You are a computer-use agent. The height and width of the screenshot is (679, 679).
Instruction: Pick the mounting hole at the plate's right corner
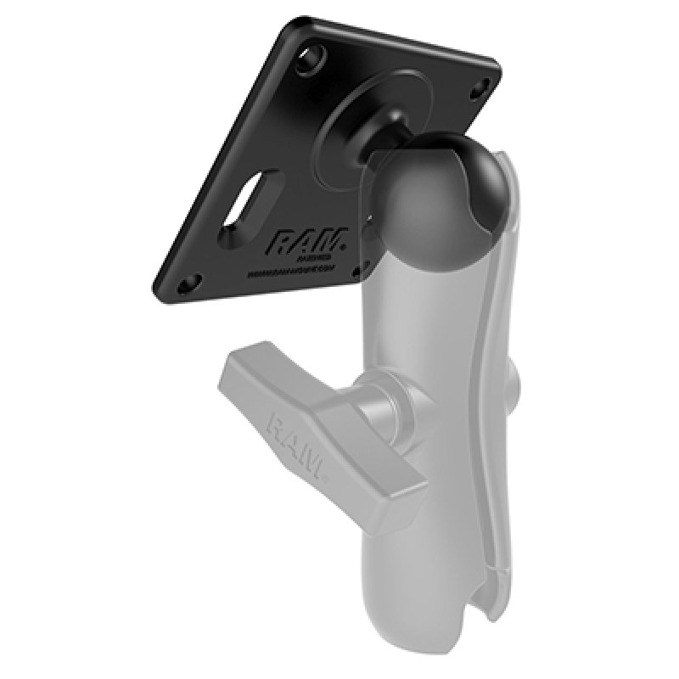click(x=483, y=85)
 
